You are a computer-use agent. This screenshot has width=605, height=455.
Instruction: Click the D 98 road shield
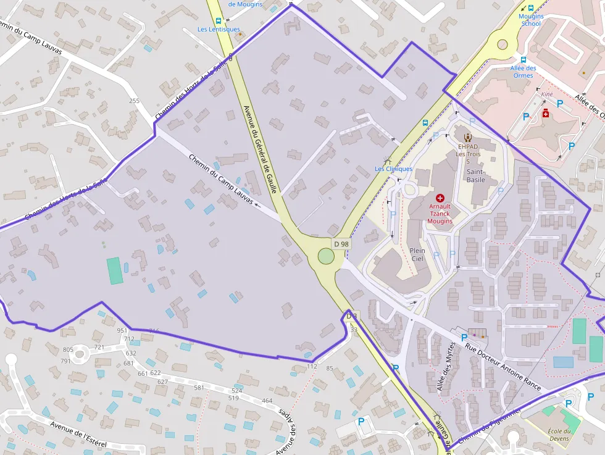click(x=341, y=244)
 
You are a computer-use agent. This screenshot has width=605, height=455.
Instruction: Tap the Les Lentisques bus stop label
click(x=219, y=29)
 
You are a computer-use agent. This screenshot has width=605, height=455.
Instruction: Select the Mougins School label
click(x=531, y=20)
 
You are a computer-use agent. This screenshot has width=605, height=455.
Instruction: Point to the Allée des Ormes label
click(x=524, y=72)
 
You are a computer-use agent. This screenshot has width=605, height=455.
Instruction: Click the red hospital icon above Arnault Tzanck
click(x=440, y=198)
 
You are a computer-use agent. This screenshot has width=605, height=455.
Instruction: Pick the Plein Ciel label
click(x=417, y=255)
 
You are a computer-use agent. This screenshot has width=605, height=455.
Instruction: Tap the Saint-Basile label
click(x=475, y=176)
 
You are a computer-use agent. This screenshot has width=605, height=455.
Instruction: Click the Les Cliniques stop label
click(x=393, y=169)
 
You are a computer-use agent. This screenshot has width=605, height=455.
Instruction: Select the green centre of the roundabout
click(x=325, y=256)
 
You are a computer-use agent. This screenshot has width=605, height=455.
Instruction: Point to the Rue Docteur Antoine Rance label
click(x=503, y=366)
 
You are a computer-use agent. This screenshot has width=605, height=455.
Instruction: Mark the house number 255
click(x=134, y=101)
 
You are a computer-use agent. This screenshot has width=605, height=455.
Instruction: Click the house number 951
click(x=122, y=331)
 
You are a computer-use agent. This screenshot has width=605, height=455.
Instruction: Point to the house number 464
click(x=267, y=401)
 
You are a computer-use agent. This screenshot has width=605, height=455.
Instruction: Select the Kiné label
click(x=547, y=94)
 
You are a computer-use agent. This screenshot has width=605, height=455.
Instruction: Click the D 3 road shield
click(x=352, y=316)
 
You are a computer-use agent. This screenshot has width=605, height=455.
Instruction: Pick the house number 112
click(x=312, y=366)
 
